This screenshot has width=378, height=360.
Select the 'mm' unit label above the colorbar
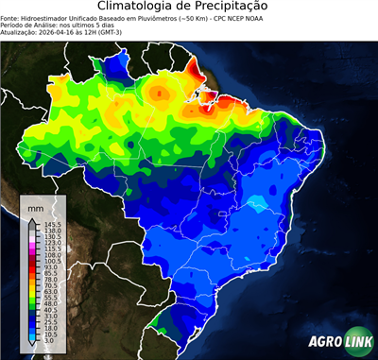[x=36, y=206]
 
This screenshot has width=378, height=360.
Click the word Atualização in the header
[x=21, y=30]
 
